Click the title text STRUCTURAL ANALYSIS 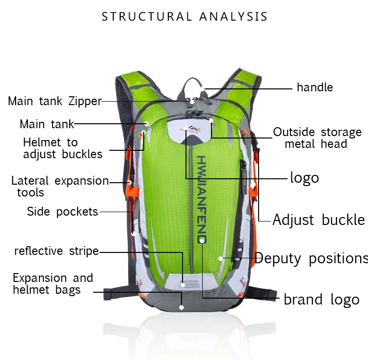point(184,16)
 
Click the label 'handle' point(315,87)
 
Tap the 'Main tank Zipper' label point(55,101)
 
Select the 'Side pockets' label point(62,212)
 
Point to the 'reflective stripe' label point(56,251)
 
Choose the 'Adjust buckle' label point(319,220)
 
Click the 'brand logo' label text point(321,300)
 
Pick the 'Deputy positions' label point(312,258)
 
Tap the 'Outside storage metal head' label point(317,138)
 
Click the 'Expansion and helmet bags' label point(53,284)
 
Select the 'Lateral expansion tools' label point(60,186)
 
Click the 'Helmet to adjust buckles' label point(63,148)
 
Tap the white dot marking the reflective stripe point(183,285)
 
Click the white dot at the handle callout point(202,88)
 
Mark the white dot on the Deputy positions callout point(220,258)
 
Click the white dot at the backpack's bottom point(181,307)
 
